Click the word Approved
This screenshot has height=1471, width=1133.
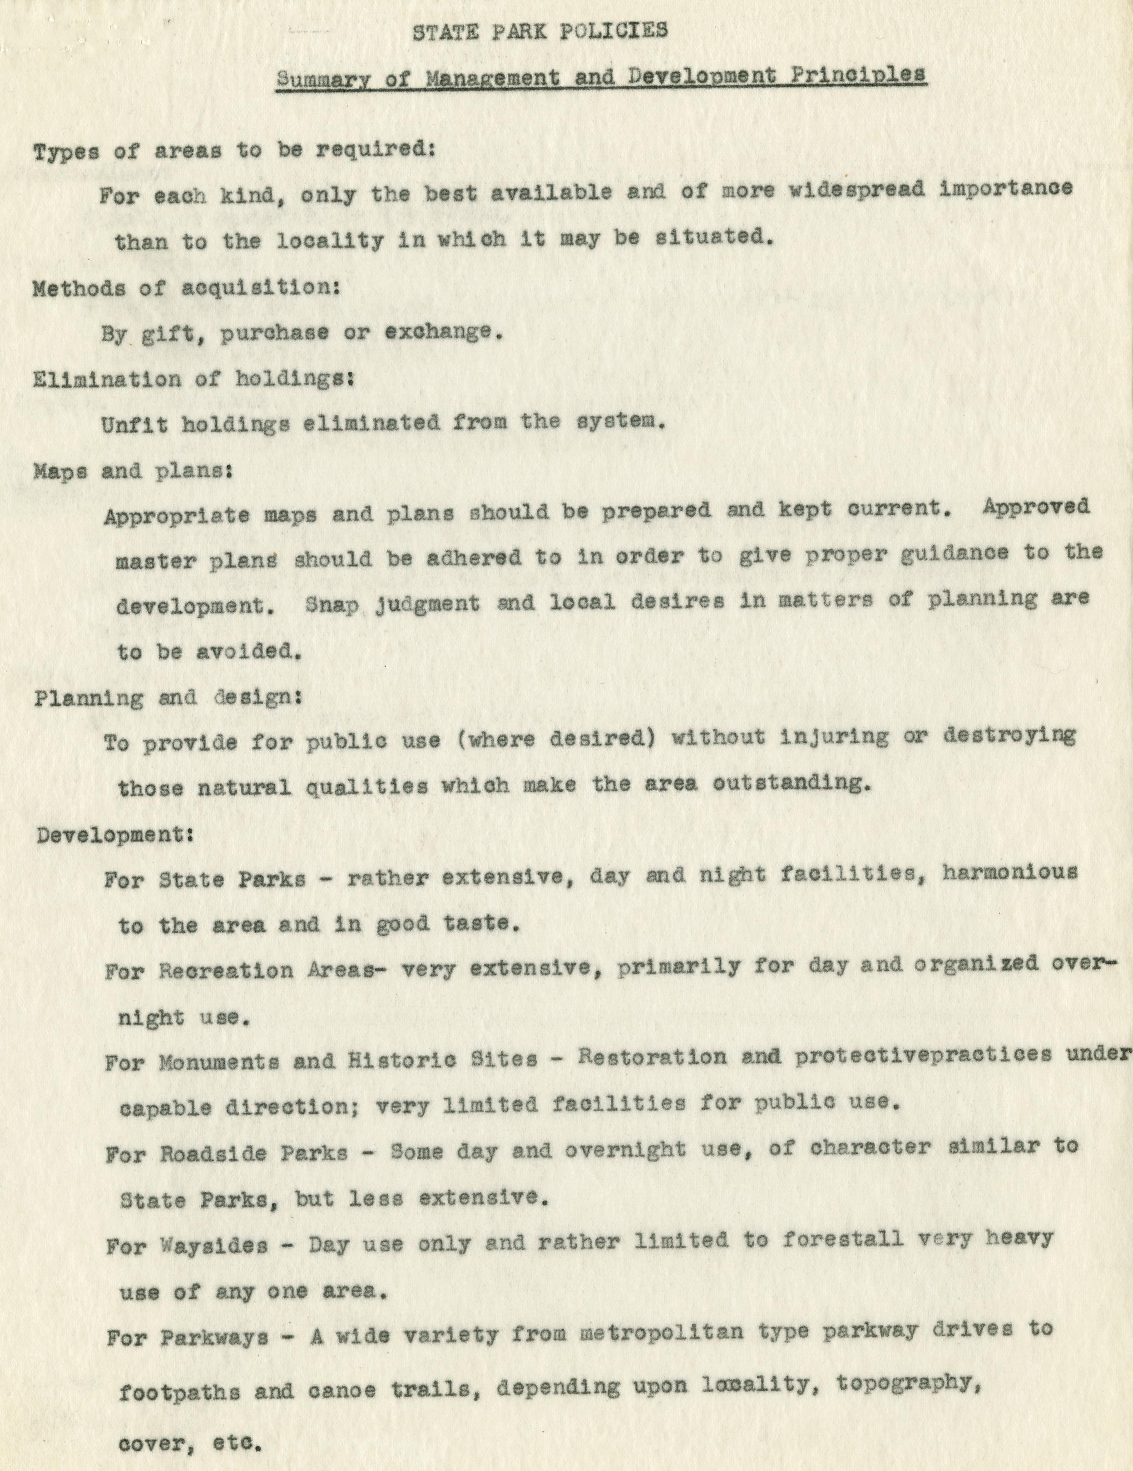1035,507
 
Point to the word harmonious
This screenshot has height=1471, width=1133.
1009,873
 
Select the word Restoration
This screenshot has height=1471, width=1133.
652,1057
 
